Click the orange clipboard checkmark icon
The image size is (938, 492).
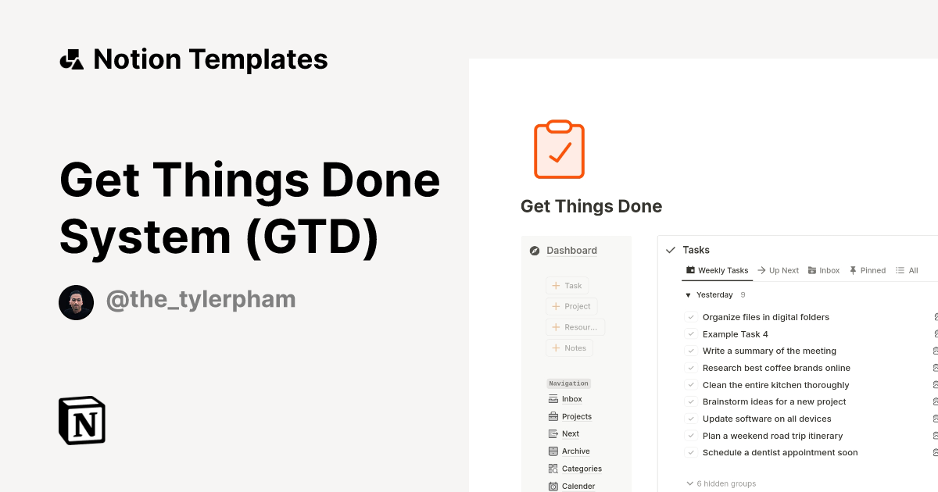coord(559,149)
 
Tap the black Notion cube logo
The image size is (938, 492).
coord(82,420)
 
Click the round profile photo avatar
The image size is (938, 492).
coord(76,302)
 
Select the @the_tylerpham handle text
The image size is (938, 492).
coord(200,299)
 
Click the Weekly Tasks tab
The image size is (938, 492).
coord(717,270)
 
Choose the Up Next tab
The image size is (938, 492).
coord(778,270)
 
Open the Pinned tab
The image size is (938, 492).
coord(867,270)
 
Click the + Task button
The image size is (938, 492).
coord(567,286)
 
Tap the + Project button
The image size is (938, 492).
coord(571,306)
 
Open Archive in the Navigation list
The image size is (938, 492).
coord(575,451)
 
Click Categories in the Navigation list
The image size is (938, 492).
coord(582,469)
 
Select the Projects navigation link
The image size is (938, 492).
coord(576,416)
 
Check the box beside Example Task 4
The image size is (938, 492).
coord(691,334)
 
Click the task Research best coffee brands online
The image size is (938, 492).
coord(776,368)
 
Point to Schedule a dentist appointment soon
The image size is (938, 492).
coord(780,452)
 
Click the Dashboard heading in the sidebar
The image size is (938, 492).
coord(571,251)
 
